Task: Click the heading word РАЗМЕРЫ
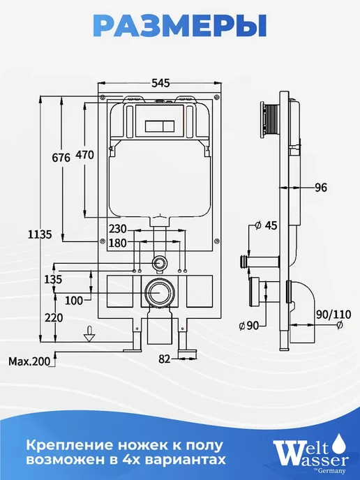(180, 27)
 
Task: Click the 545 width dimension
(160, 83)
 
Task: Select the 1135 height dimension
(40, 235)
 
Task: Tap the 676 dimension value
(61, 158)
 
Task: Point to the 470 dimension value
(84, 155)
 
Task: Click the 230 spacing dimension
(118, 229)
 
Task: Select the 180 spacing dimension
(118, 243)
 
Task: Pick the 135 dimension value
(53, 279)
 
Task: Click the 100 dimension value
(74, 301)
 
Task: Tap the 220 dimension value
(54, 317)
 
